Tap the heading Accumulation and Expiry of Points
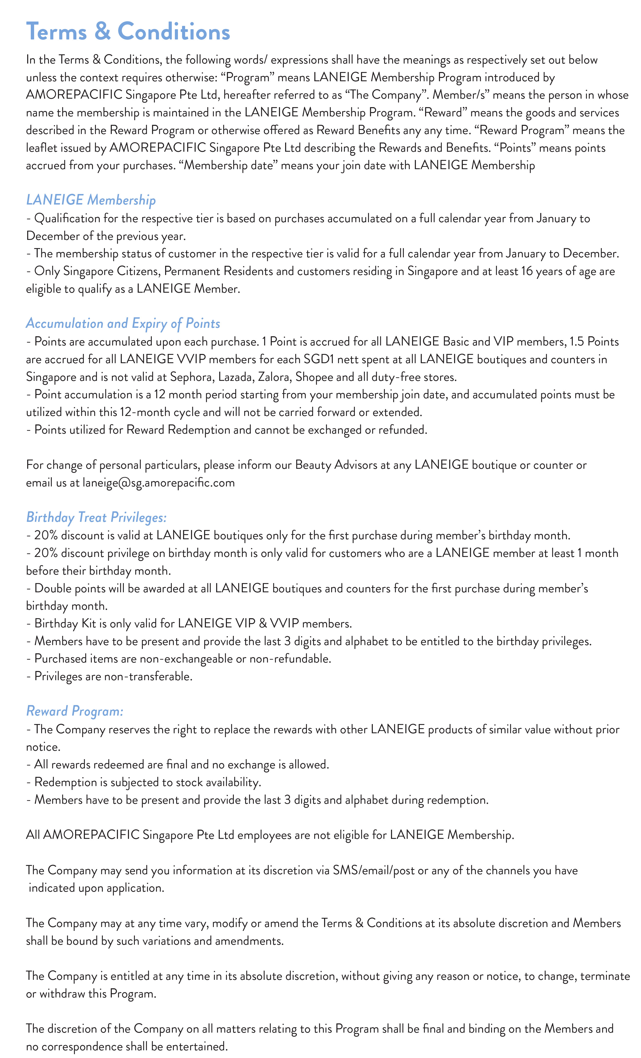(x=123, y=323)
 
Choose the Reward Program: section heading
(x=75, y=711)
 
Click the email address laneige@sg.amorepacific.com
(x=158, y=483)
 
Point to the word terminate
(x=605, y=976)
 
